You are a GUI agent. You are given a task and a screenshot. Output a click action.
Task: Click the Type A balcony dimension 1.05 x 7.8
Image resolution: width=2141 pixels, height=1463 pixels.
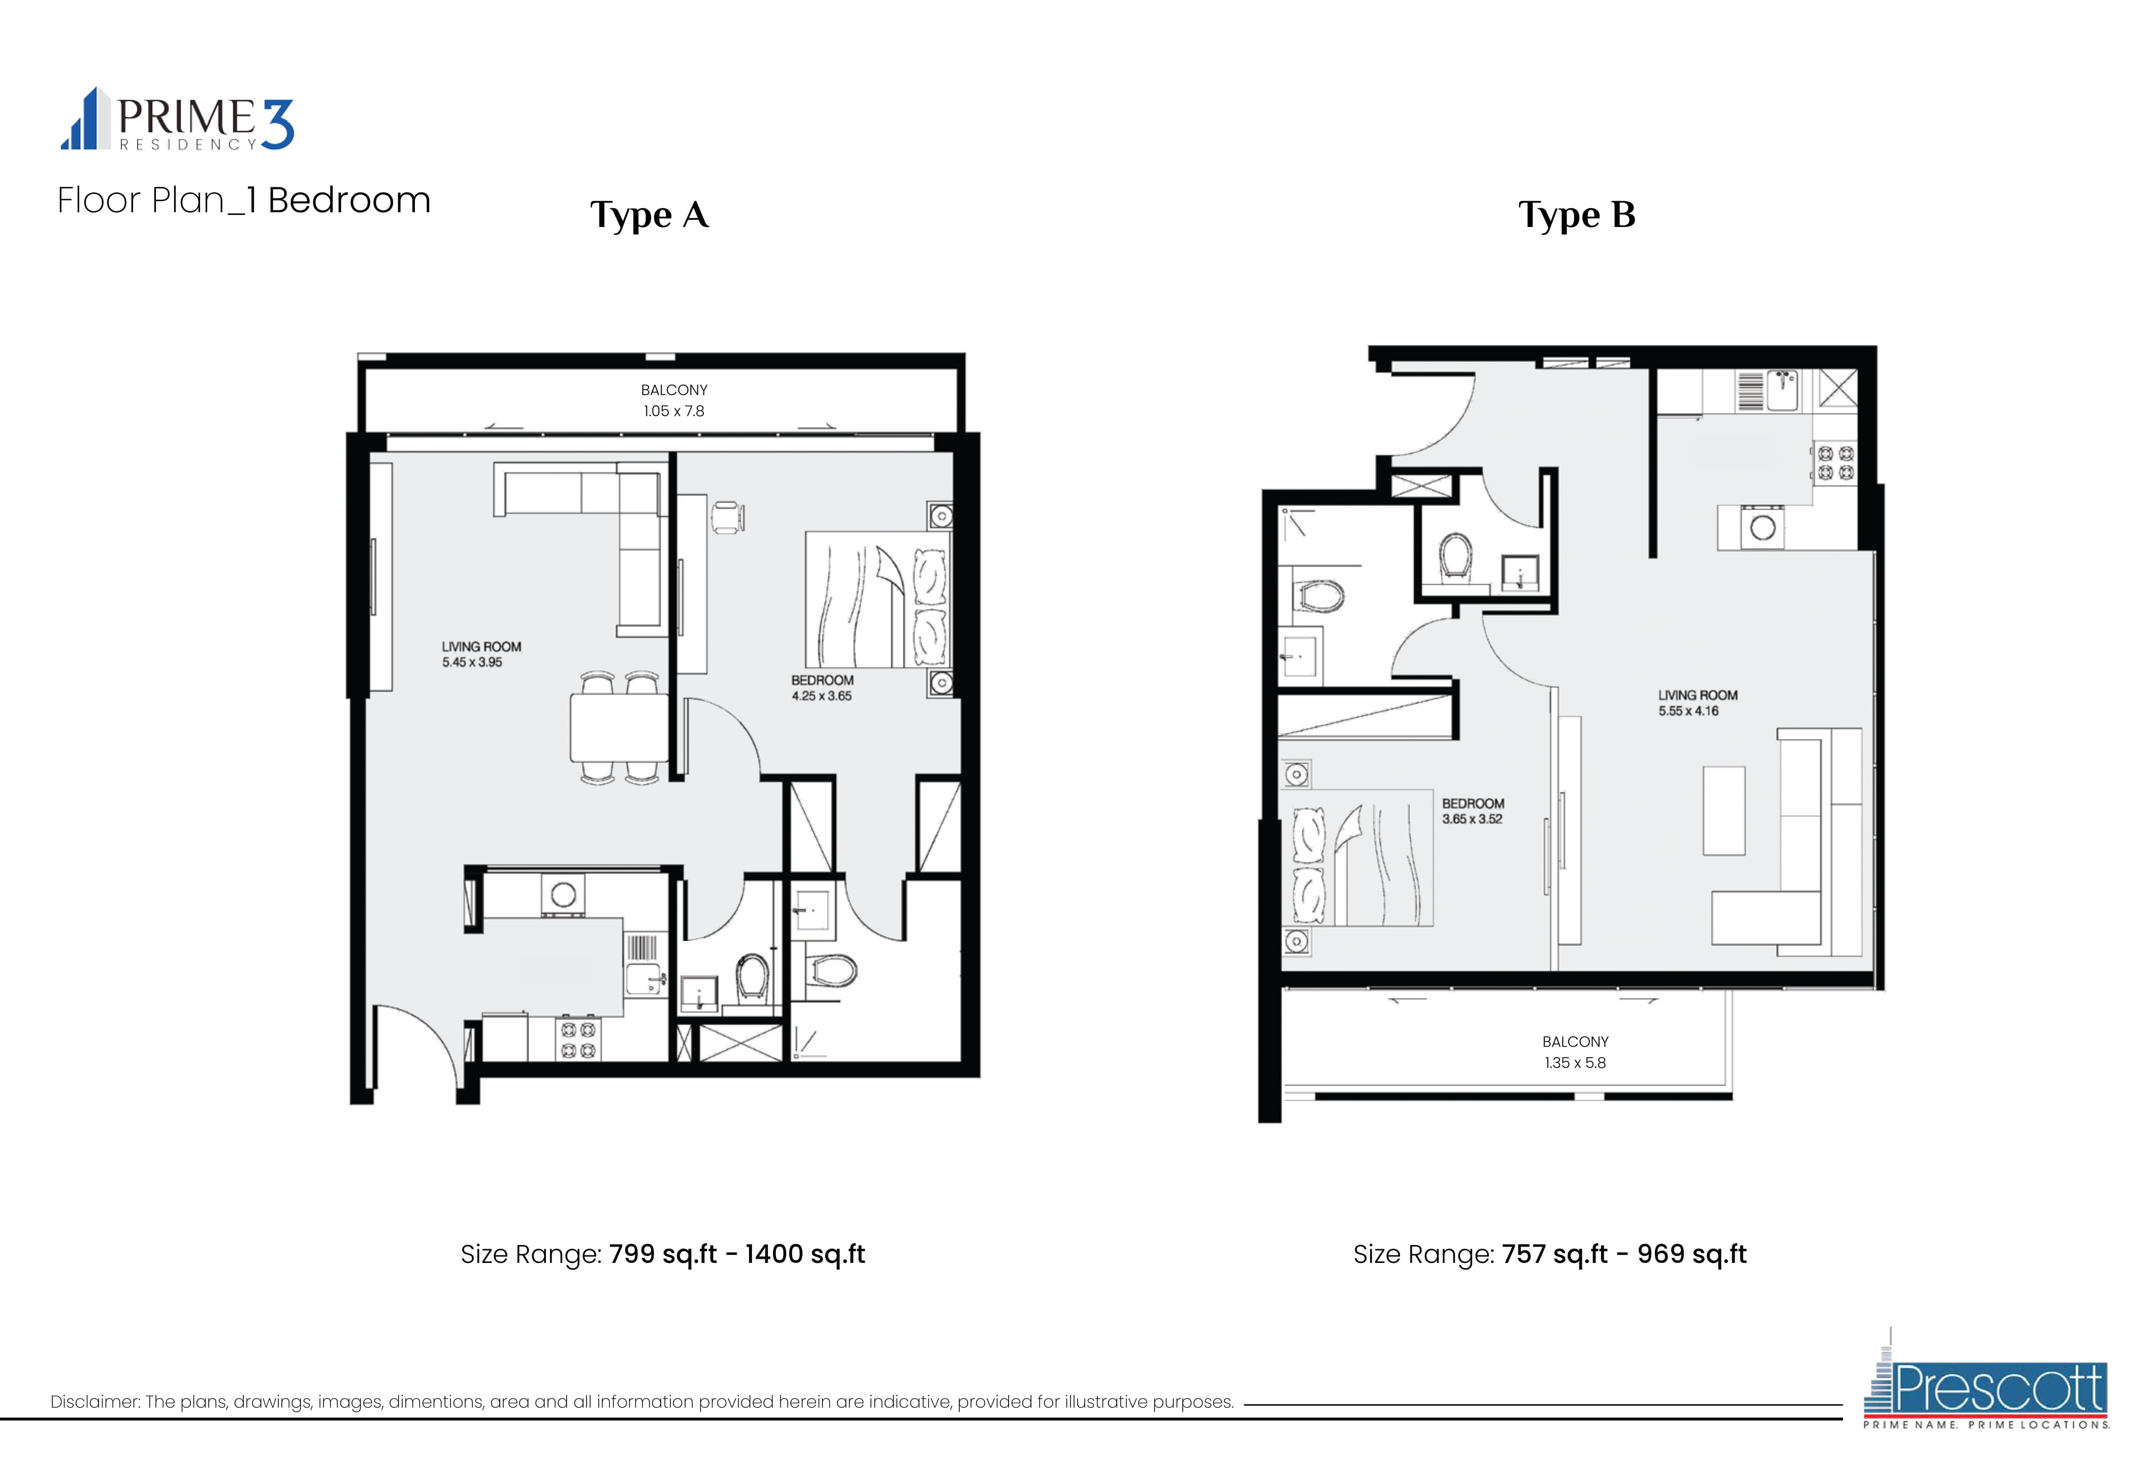pos(673,411)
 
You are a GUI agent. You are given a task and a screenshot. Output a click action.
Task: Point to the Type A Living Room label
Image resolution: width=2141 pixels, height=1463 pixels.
pos(481,647)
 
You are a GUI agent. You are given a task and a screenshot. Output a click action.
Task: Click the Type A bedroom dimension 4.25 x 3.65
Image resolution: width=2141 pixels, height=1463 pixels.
pos(821,696)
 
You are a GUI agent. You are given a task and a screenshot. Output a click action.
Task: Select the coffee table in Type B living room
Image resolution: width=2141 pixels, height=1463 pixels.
pos(1724,811)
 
